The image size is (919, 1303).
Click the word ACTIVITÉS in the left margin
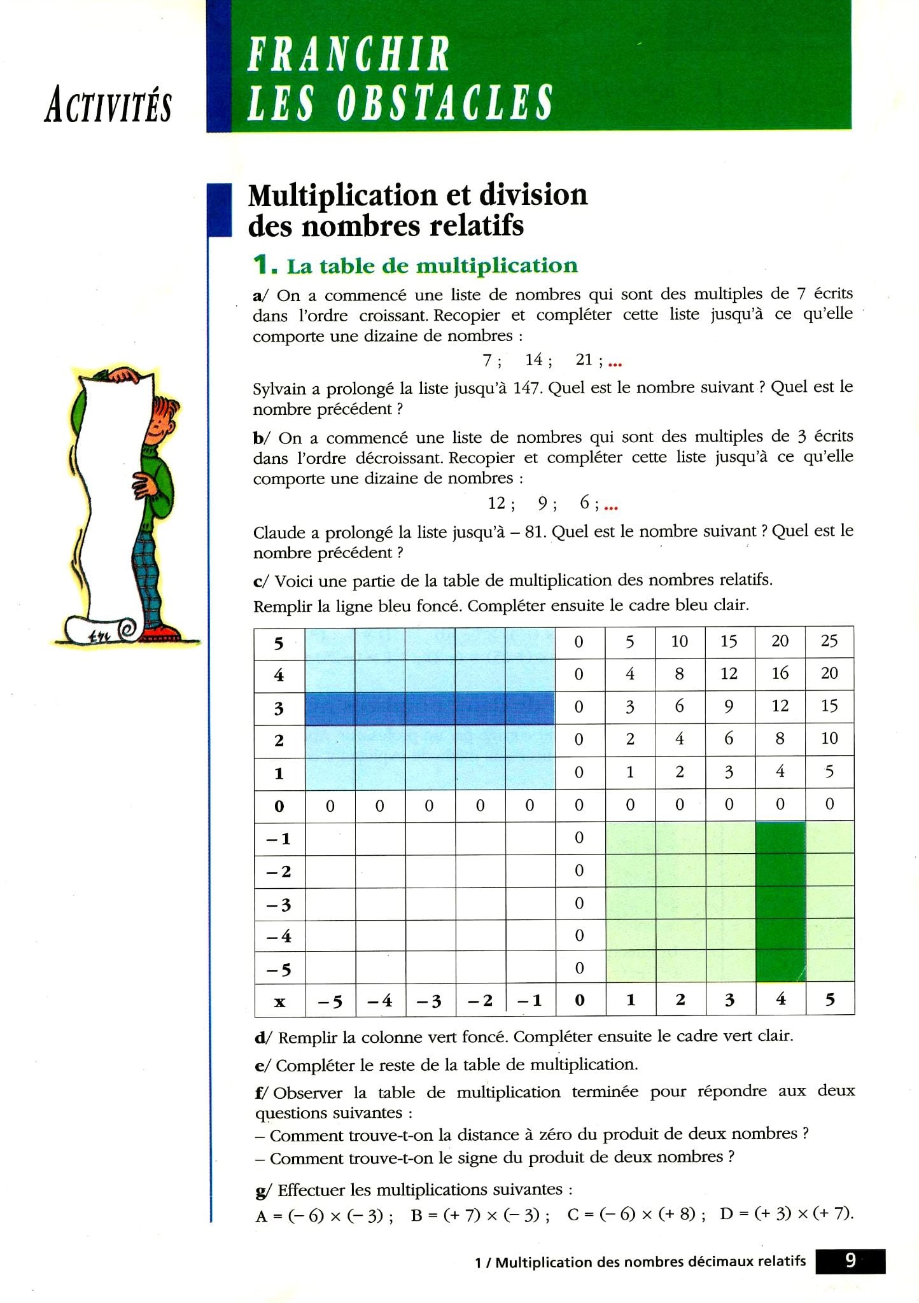[x=108, y=105]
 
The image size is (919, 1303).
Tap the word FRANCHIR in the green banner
[x=348, y=55]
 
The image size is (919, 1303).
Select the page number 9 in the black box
[x=850, y=1260]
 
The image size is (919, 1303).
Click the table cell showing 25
[x=829, y=641]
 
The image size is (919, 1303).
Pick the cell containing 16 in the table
[x=780, y=673]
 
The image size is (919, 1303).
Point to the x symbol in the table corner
[x=279, y=1002]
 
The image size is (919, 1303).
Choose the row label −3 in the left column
[x=279, y=904]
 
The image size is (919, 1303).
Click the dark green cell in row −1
[x=780, y=838]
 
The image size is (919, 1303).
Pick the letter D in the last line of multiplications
[x=727, y=1214]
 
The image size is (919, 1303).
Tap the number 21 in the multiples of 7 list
[x=584, y=360]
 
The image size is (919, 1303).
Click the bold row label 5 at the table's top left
[x=279, y=643]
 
